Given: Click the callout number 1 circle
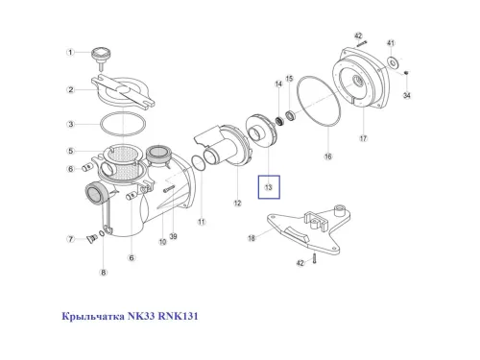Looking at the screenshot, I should (70, 54).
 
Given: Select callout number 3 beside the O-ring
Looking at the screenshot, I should (70, 125).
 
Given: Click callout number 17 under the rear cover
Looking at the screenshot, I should (363, 138).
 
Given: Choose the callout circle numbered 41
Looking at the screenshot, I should (391, 44).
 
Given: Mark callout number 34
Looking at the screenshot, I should (407, 96).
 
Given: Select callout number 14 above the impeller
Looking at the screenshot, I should (279, 84).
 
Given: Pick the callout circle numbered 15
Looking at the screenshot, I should (290, 78).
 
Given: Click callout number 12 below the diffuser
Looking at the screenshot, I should (237, 204).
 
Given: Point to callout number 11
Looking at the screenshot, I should (202, 222).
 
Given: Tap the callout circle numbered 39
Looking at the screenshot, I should (173, 237).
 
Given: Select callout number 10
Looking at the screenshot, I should (163, 242).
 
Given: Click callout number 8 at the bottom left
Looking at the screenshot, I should (104, 273).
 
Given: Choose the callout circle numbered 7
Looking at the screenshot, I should (70, 238).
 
